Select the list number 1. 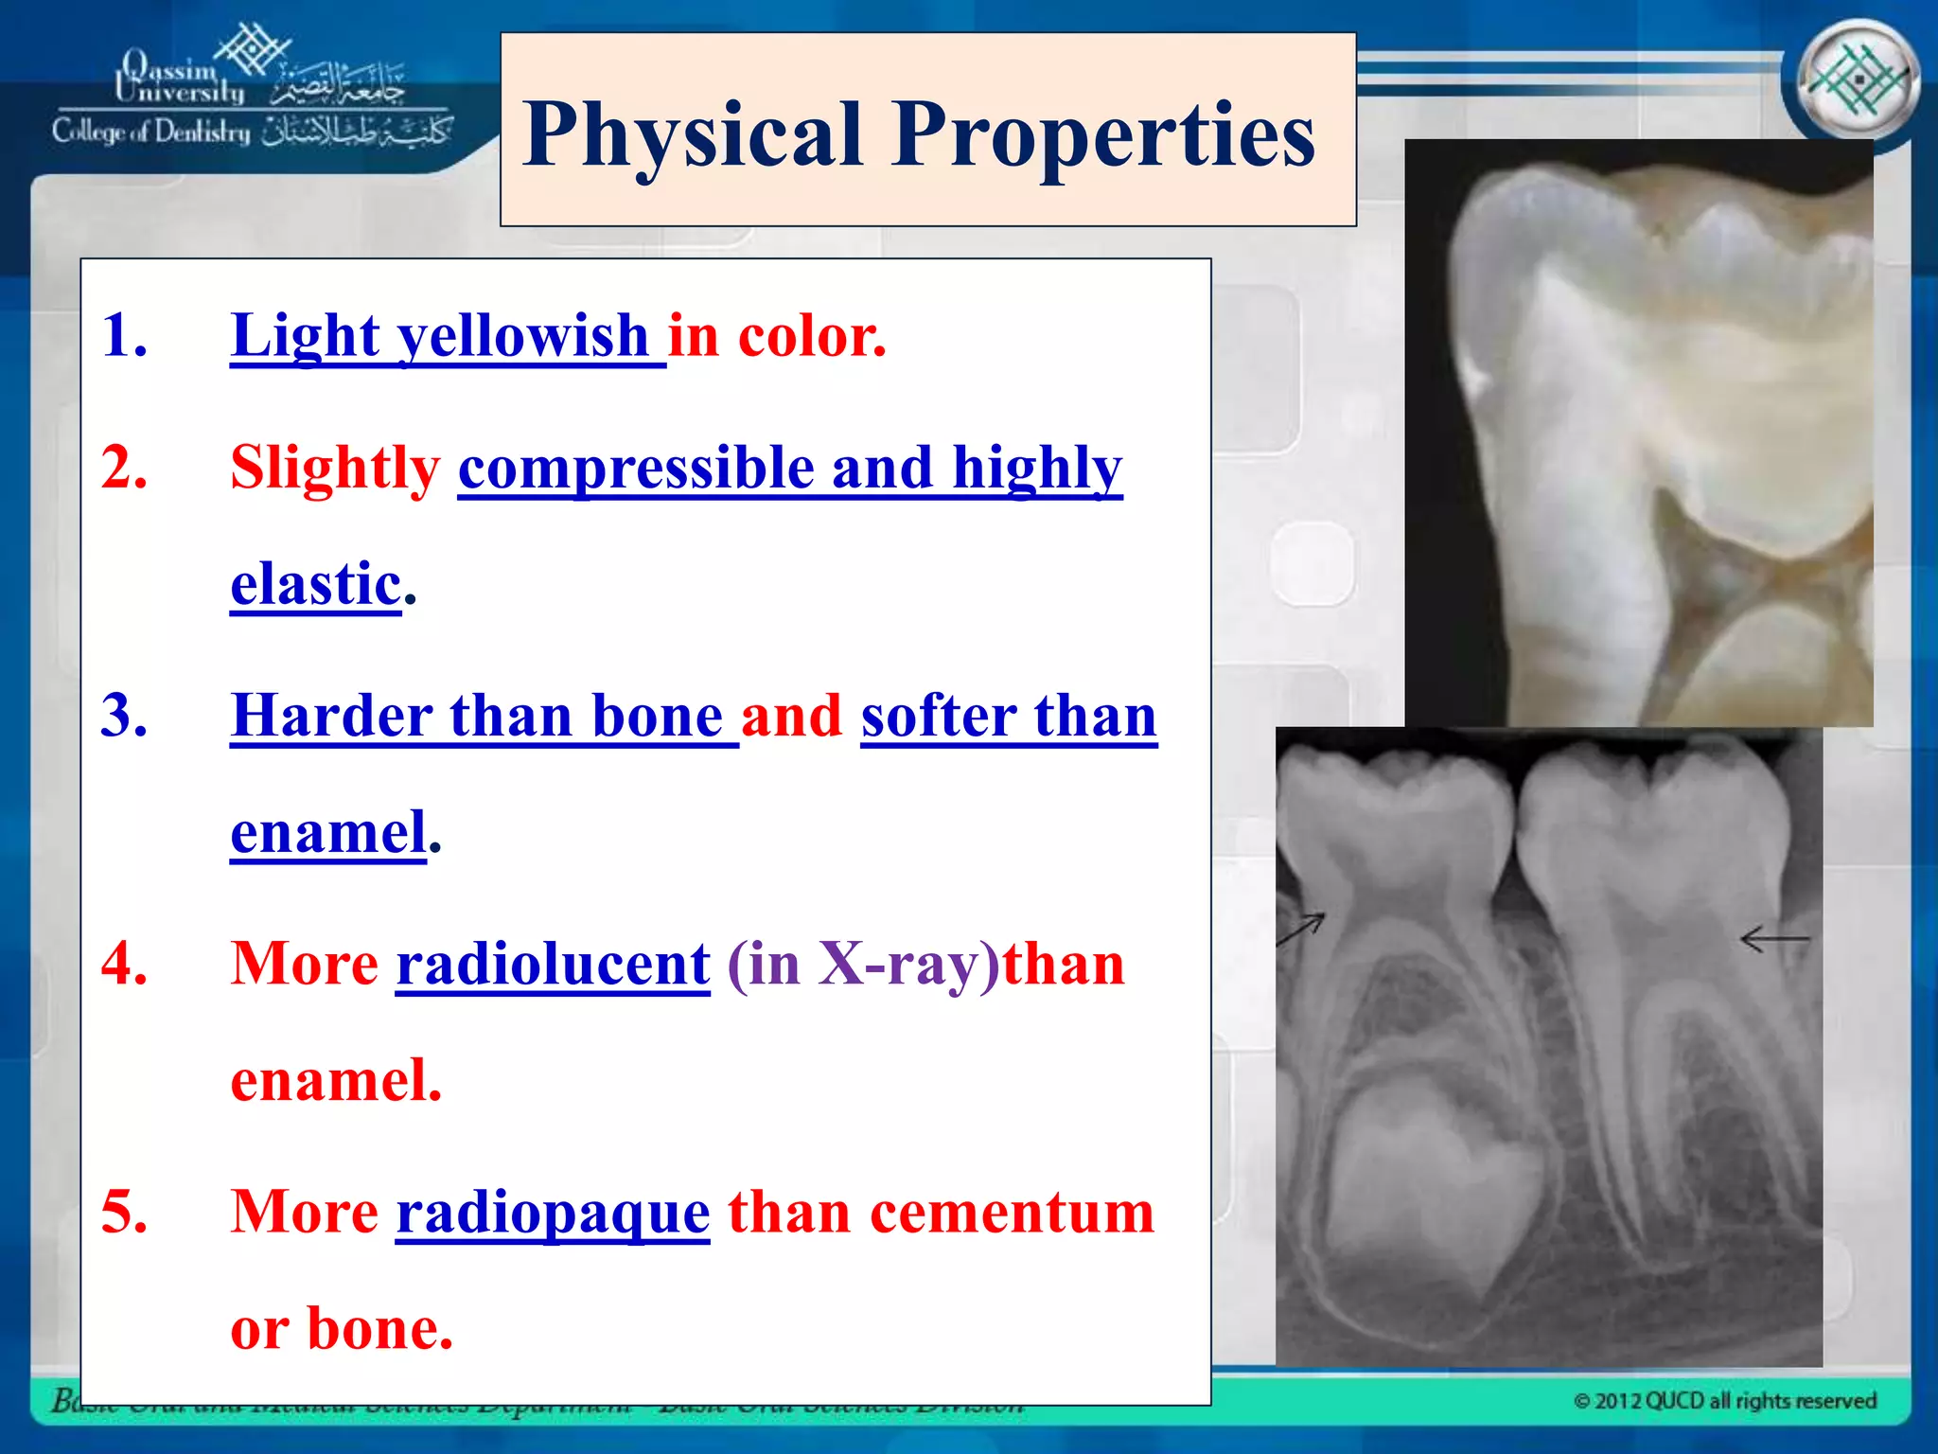pyautogui.click(x=124, y=335)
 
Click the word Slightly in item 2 pyautogui.click(x=335, y=468)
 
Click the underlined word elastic pyautogui.click(x=316, y=584)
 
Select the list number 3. pyautogui.click(x=124, y=716)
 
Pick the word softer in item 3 pyautogui.click(x=938, y=716)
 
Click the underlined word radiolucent pyautogui.click(x=553, y=965)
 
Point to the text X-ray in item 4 pyautogui.click(x=900, y=965)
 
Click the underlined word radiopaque pyautogui.click(x=553, y=1213)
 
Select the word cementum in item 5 pyautogui.click(x=1012, y=1212)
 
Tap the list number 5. pyautogui.click(x=124, y=1212)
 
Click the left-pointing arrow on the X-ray pyautogui.click(x=1773, y=940)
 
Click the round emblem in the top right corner pyautogui.click(x=1858, y=80)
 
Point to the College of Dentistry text pyautogui.click(x=151, y=132)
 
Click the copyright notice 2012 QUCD pyautogui.click(x=1724, y=1401)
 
